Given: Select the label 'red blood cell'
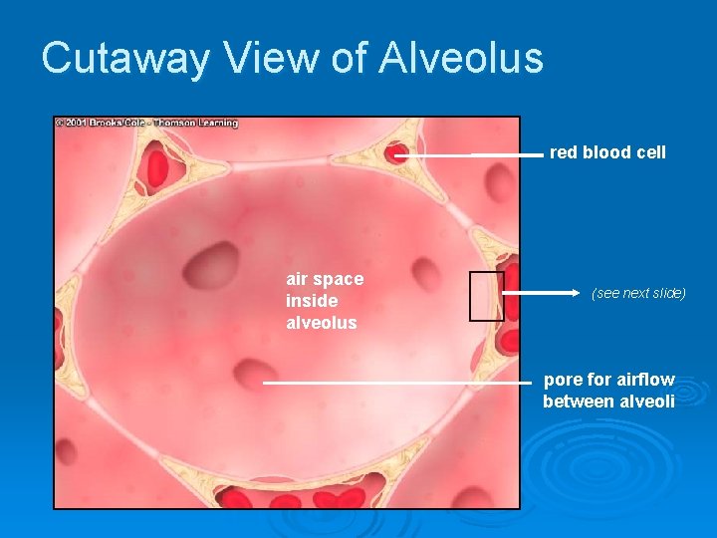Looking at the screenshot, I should pos(607,152).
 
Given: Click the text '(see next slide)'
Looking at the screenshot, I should pos(638,294).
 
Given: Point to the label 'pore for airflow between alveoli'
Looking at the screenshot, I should pos(608,391).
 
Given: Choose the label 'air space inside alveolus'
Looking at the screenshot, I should pos(325,300).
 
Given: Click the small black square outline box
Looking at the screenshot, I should pos(486,296).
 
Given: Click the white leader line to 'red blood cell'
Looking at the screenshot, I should pos(468,155).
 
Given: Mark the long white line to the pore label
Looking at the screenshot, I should pos(398,382).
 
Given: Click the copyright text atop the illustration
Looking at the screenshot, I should pos(147,124).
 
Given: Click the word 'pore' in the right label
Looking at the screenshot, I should pos(563,380).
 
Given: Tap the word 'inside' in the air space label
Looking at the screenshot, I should pos(312,300).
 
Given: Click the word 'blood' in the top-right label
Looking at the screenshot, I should pos(607,152).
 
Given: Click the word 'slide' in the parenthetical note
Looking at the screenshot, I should pos(664,294).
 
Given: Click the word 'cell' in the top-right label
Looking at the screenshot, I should pos(650,152).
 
